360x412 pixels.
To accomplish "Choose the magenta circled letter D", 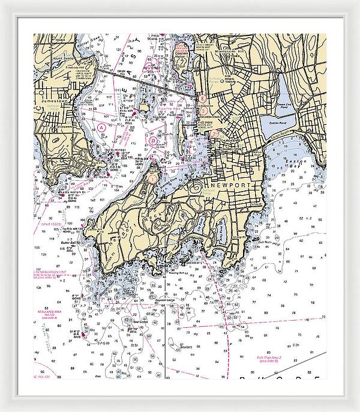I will click(x=154, y=141).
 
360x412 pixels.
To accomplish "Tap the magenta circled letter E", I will click(x=203, y=97).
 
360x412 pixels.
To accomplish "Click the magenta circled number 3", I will click(x=203, y=111).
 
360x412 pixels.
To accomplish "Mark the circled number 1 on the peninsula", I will click(x=153, y=178).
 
